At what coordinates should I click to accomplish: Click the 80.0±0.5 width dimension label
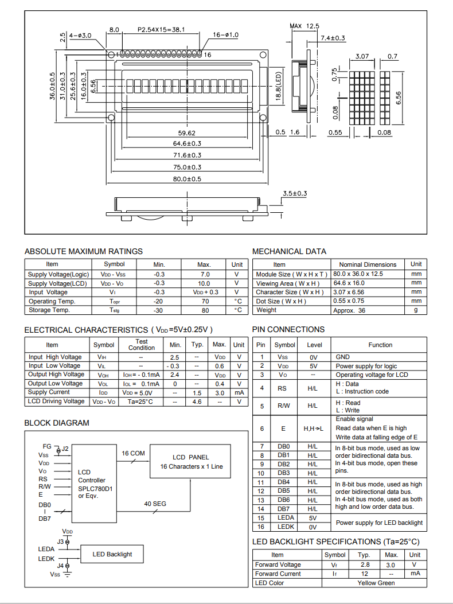tap(187, 180)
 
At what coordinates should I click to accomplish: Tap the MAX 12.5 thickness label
tap(304, 26)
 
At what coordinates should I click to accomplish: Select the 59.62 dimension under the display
tap(187, 133)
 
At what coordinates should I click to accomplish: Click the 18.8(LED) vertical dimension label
tap(278, 87)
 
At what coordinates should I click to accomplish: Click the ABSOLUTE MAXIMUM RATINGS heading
tap(84, 251)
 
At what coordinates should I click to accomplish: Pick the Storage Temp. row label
tap(49, 310)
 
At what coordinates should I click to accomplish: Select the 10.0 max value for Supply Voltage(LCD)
tap(204, 283)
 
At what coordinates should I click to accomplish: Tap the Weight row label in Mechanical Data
tap(267, 310)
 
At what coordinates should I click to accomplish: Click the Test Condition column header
tap(142, 345)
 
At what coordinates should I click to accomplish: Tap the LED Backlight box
tap(112, 554)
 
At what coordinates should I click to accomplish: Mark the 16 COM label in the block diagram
tap(133, 453)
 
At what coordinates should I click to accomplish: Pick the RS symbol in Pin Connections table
tap(283, 388)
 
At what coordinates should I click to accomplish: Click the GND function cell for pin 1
tap(343, 357)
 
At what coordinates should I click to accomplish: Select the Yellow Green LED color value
tap(376, 583)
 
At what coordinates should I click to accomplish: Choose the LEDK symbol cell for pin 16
tap(285, 527)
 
